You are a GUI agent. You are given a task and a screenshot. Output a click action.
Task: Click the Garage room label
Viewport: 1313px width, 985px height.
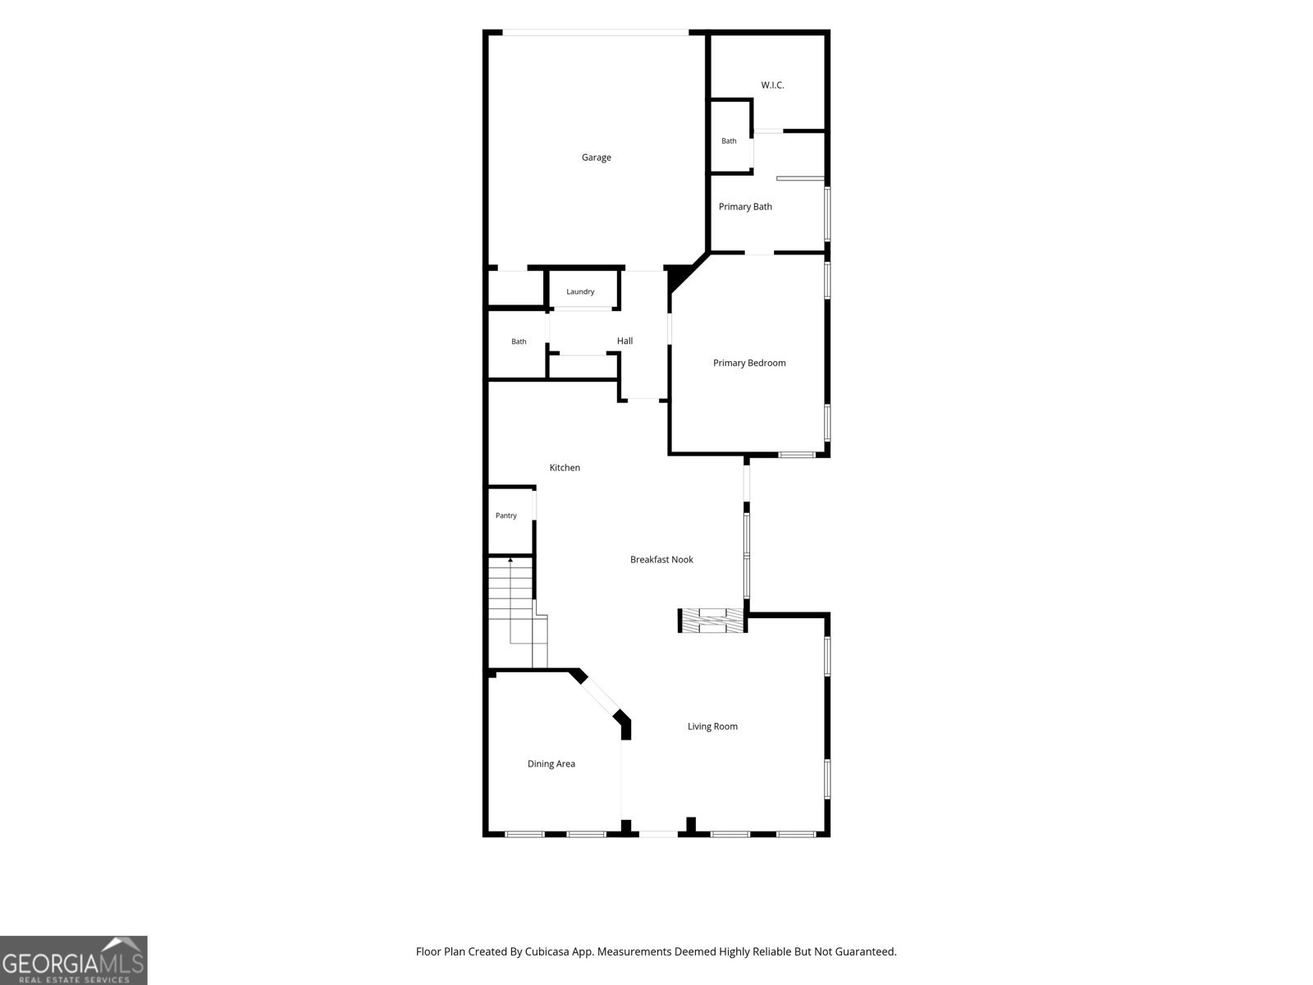[597, 158]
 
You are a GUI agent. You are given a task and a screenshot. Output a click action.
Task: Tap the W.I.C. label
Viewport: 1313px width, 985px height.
[772, 85]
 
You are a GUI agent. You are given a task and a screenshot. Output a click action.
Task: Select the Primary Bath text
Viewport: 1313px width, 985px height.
[745, 206]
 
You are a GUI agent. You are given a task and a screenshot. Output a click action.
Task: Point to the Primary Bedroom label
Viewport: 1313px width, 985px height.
[749, 363]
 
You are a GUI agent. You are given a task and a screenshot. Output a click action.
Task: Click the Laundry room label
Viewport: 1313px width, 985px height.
[580, 292]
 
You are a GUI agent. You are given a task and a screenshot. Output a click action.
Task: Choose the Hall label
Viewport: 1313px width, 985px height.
[625, 341]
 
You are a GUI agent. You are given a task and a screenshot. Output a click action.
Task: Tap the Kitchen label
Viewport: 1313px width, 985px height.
[565, 468]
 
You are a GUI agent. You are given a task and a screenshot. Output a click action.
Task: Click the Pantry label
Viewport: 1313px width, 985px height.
[506, 515]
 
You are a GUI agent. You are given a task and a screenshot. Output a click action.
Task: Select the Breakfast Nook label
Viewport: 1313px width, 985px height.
[661, 560]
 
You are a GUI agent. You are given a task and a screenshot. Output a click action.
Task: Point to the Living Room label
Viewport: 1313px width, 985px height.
[712, 726]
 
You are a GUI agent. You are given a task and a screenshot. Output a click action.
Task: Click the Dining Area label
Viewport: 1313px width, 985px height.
[551, 763]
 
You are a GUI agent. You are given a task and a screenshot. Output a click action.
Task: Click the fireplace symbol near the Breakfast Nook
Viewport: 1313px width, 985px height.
[712, 621]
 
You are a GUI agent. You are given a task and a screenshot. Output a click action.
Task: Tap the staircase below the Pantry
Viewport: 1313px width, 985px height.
[518, 612]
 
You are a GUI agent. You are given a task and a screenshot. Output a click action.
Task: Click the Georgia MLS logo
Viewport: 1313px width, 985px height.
[74, 960]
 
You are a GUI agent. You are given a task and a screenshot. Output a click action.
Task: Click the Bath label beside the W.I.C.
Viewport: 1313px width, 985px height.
[729, 141]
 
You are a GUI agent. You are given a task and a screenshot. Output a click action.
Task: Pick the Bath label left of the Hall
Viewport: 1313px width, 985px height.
[519, 342]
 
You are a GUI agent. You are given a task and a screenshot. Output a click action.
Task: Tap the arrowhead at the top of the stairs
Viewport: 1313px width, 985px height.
[510, 561]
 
